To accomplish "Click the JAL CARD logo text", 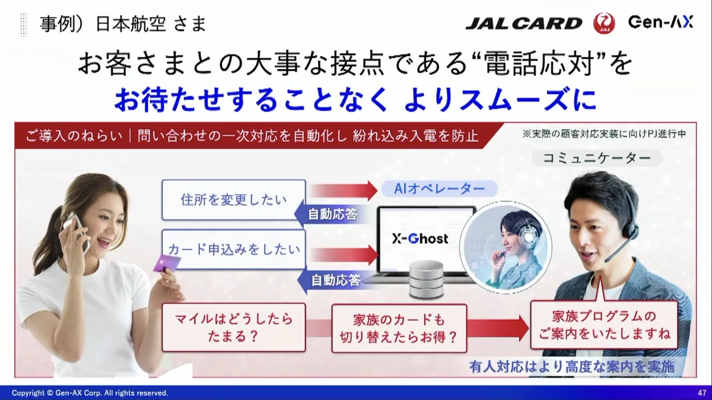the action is pos(523,24).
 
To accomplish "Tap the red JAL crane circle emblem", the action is pos(604,23).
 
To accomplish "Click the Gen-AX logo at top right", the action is pos(660,22).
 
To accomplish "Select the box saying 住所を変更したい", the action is pos(234,200).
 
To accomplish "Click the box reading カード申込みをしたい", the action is pos(234,250).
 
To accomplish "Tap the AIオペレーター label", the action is pos(439,189).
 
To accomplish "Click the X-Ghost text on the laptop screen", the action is pos(420,239).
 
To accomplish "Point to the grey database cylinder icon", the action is pos(426,280).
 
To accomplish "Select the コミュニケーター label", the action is pos(597,158).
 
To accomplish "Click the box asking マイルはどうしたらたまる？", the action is pos(234,328).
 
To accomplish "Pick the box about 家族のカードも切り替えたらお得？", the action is pos(399,328).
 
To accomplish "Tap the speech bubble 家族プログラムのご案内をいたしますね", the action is pos(604,325).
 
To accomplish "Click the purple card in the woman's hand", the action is pos(166,264).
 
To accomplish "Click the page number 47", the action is pos(702,393).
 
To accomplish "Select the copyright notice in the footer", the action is pos(90,393).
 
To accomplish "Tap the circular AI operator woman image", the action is pos(506,247).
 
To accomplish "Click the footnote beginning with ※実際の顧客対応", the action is pos(604,134).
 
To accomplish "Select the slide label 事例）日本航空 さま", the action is pos(123,24).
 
